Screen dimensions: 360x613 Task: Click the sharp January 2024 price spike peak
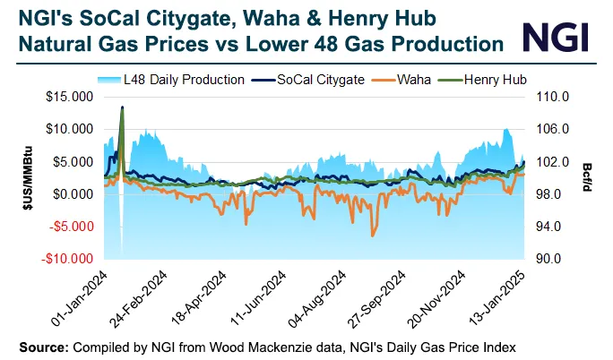122,107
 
